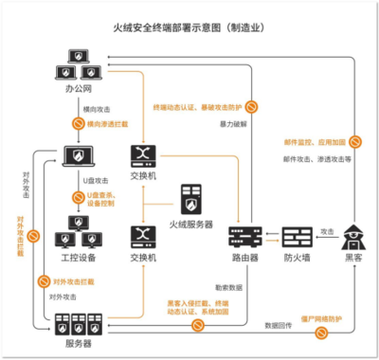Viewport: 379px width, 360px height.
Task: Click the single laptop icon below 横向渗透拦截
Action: [78, 156]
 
